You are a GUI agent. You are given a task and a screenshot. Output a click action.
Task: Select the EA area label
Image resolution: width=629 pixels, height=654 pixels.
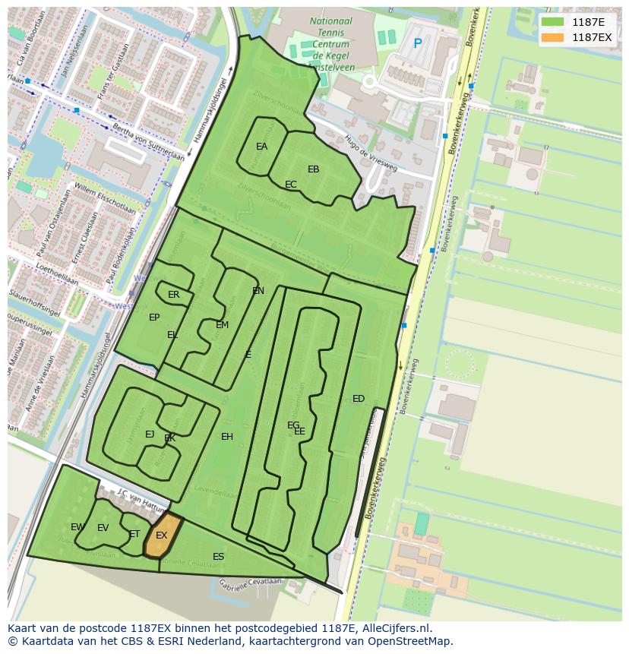261,147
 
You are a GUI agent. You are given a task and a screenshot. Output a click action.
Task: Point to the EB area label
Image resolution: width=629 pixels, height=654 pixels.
313,169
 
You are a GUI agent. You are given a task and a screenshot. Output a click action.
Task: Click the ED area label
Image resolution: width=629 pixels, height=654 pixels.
359,399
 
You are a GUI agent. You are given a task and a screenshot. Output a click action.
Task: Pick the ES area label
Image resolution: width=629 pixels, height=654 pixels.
218,557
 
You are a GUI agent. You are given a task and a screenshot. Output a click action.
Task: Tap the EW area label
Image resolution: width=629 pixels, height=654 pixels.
77,527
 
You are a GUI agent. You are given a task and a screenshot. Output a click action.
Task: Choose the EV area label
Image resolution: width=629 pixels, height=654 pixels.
103,528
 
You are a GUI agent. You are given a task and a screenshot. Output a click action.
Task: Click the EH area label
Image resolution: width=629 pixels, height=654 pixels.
227,437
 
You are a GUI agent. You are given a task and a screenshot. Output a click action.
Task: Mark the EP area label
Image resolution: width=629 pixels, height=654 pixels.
154,318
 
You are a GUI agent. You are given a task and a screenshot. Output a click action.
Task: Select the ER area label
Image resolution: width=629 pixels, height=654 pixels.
174,295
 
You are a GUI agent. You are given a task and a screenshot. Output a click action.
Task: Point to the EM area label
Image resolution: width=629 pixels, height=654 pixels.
222,325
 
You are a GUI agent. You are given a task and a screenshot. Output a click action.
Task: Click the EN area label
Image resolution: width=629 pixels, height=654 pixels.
258,291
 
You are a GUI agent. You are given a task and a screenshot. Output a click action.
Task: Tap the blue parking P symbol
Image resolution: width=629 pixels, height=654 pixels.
417,44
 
